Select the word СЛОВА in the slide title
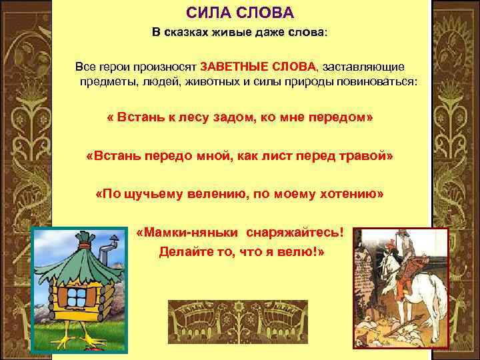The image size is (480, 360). [x=260, y=14]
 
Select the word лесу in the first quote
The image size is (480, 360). [x=201, y=117]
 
